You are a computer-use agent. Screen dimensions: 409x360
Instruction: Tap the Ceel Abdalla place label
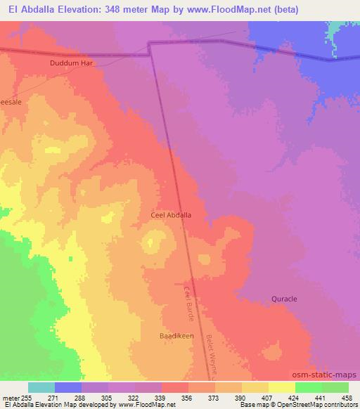pos(172,216)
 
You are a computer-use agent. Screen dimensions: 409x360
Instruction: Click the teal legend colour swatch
pos(41,387)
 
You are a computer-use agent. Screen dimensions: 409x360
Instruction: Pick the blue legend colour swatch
pos(68,387)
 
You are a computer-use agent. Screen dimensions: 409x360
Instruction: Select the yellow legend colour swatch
pos(282,387)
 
